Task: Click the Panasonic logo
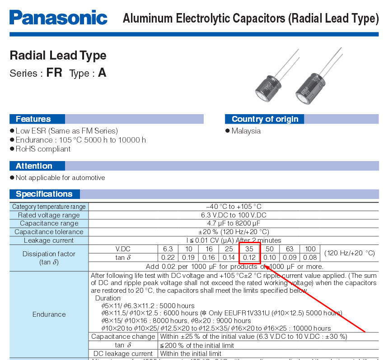pos(58,18)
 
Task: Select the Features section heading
pos(33,119)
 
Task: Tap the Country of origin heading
pos(265,119)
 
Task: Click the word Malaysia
pos(246,131)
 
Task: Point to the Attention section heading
pos(34,166)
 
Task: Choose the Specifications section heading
pos(44,194)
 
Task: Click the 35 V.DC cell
pos(249,249)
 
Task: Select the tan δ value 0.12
pos(249,258)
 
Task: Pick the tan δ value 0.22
pos(168,258)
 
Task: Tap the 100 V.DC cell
pos(310,249)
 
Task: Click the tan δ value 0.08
pos(310,258)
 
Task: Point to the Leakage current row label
pos(49,240)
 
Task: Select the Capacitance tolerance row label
pos(49,232)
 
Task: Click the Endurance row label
pos(49,314)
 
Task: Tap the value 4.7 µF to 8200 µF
pos(234,223)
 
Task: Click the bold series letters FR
pos(54,73)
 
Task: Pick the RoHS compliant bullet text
pos(43,149)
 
